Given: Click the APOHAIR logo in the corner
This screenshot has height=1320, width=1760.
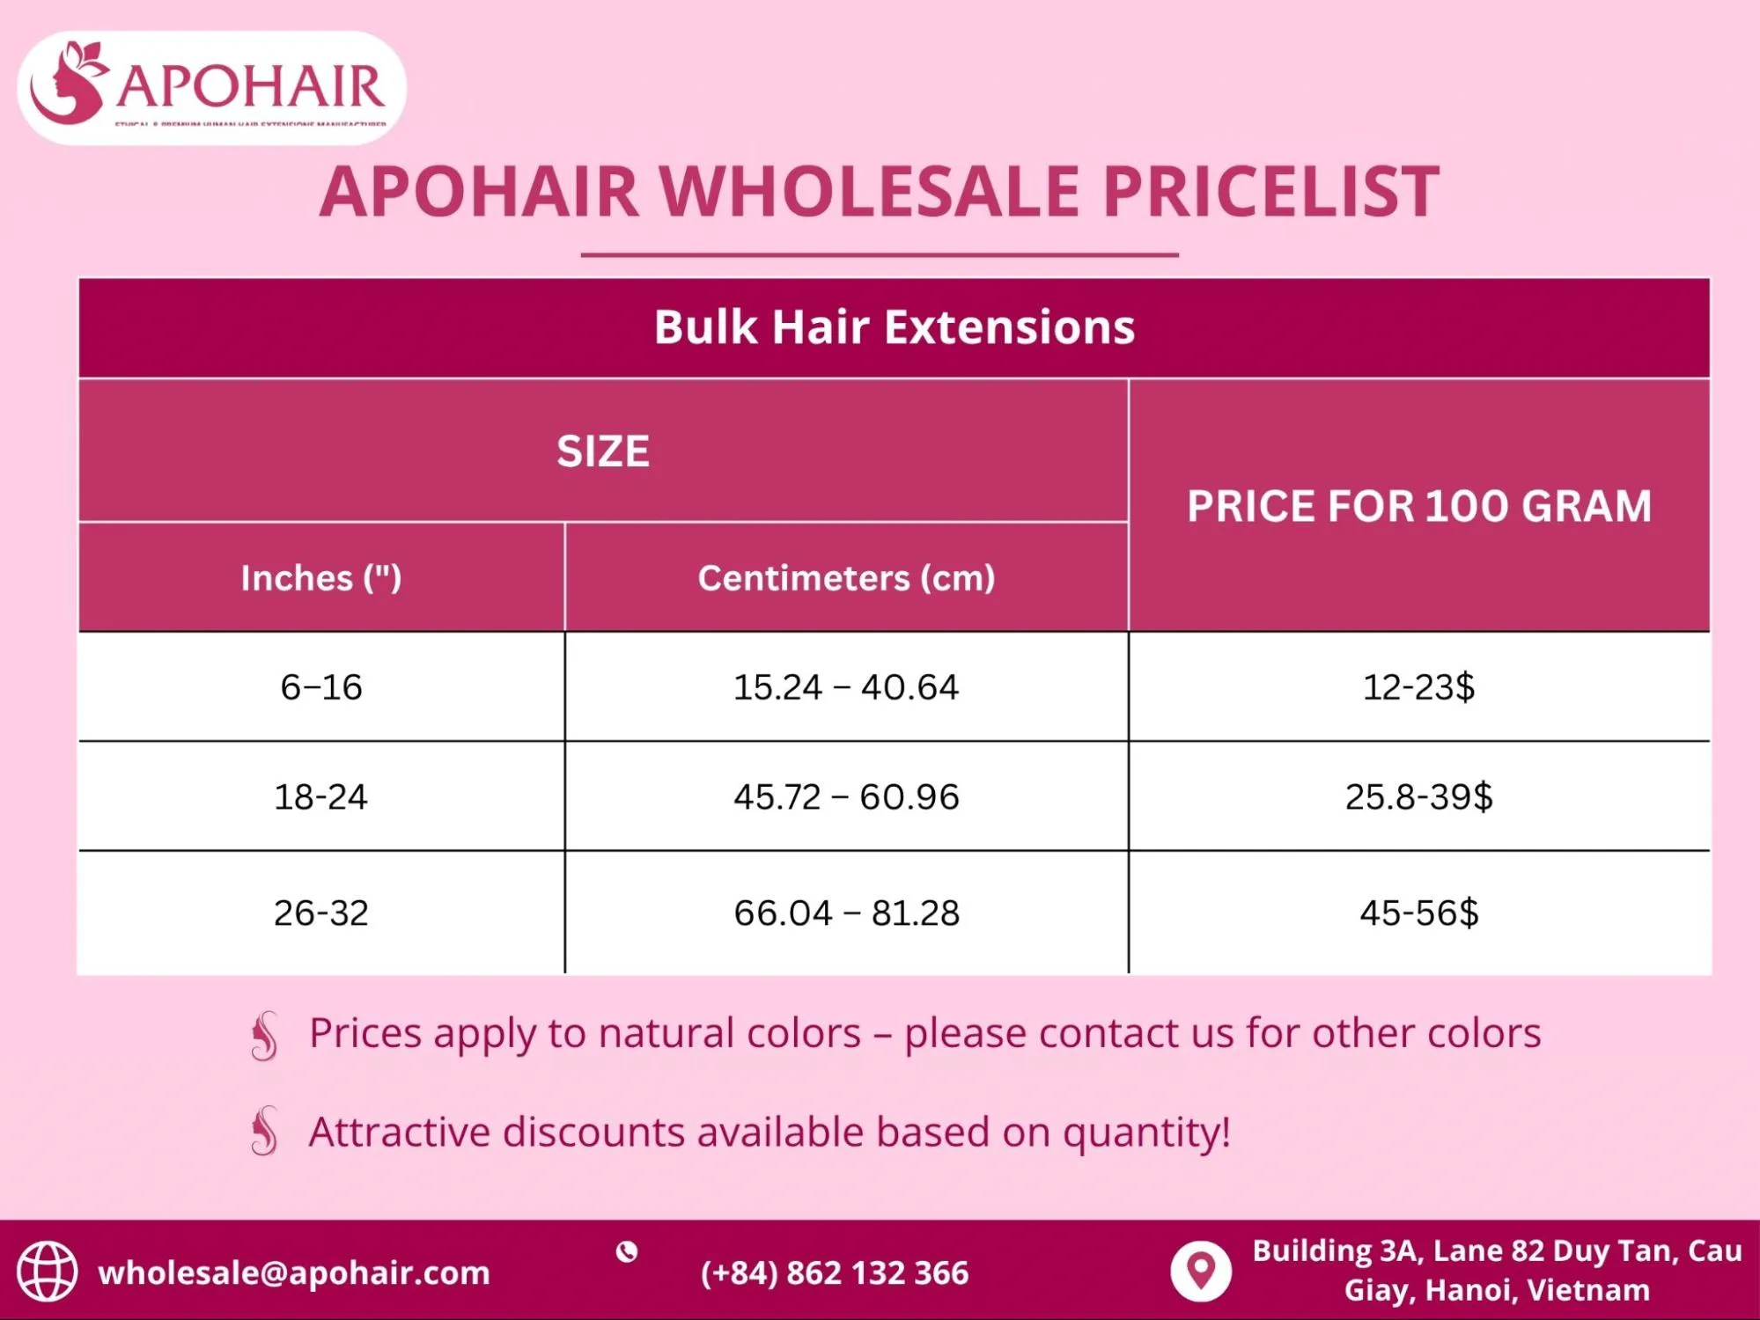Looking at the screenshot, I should point(211,87).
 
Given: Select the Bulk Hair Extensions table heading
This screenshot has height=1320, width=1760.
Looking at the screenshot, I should point(894,327).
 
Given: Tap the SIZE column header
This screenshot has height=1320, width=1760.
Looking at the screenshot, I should point(603,451).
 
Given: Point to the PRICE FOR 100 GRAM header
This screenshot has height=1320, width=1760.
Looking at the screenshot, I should point(1418,506).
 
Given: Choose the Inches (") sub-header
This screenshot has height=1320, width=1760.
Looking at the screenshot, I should point(321,578).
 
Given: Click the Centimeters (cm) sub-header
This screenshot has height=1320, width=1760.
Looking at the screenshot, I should point(846,578).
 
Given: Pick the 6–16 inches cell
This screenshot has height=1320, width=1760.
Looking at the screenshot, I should point(321,687).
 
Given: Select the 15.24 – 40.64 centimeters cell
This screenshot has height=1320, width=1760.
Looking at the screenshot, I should point(846,687).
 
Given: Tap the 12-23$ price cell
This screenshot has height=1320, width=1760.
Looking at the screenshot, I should point(1418,687).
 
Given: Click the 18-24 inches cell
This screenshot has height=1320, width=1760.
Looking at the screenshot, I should point(321,797).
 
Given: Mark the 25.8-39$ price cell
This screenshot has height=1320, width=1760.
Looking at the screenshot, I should point(1418,797).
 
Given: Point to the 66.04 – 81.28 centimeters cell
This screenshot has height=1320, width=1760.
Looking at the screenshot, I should point(846,913).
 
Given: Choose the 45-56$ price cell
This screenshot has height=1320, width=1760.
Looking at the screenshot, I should point(1418,913).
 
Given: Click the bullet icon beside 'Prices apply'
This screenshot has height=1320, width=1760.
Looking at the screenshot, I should point(264,1035).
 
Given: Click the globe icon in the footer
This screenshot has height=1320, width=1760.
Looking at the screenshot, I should point(48,1272).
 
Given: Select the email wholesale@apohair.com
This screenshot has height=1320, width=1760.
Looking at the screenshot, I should point(294,1273).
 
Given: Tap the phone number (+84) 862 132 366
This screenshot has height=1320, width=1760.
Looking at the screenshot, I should point(835,1273).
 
